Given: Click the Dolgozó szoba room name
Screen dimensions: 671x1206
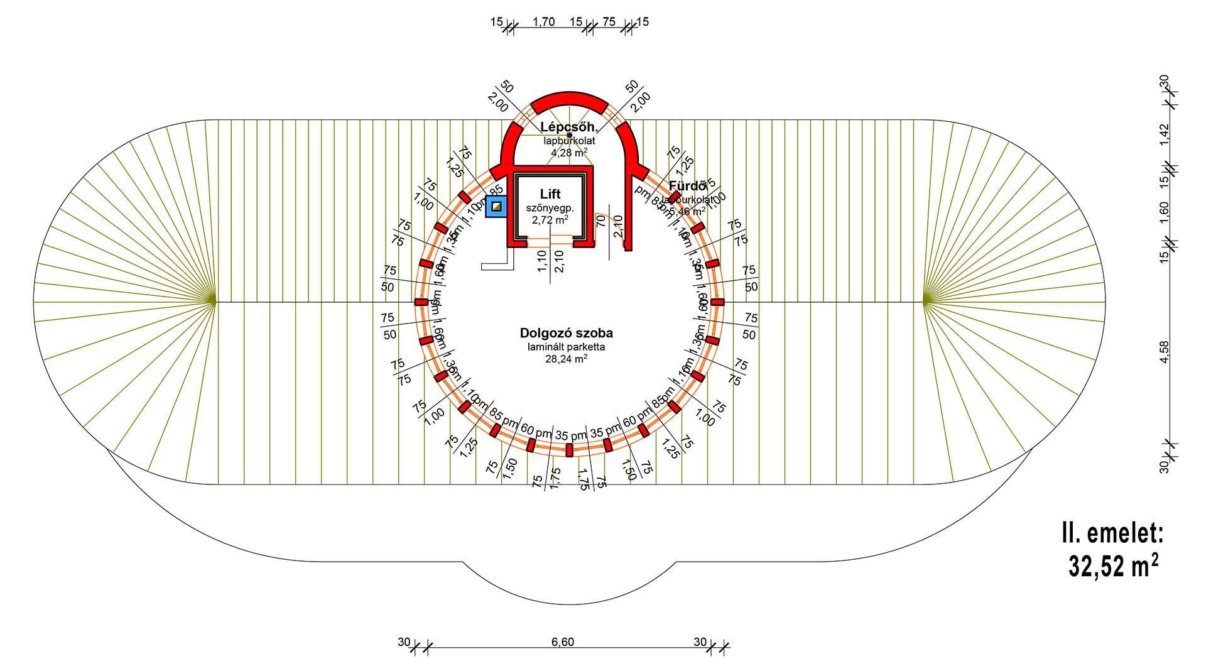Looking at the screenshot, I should click(x=566, y=333).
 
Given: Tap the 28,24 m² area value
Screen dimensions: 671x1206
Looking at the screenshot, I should click(x=566, y=359).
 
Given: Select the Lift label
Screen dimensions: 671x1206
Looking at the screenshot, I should click(x=550, y=194).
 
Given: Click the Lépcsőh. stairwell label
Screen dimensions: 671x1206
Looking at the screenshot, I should click(x=569, y=128).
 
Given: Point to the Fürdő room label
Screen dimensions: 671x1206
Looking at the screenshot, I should click(x=687, y=186).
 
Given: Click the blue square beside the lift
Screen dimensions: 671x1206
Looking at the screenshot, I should click(x=496, y=206).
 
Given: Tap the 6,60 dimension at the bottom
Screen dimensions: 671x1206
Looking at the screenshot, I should click(x=562, y=642).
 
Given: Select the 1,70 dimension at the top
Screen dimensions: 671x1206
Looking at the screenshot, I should click(x=543, y=22).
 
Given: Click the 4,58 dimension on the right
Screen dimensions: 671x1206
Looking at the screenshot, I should click(x=1165, y=352).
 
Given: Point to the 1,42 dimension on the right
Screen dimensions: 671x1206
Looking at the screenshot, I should click(x=1165, y=134).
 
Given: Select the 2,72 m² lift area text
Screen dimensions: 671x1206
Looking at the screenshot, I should click(x=550, y=220).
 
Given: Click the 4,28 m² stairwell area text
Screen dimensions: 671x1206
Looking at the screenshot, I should click(x=569, y=153).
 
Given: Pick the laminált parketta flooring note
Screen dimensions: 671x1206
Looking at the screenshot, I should click(x=566, y=347).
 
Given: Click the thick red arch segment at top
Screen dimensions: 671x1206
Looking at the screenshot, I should click(x=569, y=99).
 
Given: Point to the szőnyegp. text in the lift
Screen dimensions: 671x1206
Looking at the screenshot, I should click(x=550, y=208).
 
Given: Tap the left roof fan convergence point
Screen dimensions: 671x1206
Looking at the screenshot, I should click(x=214, y=302).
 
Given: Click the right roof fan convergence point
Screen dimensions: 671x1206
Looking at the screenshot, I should click(x=925, y=302).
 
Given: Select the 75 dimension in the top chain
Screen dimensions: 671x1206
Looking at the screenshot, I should click(x=609, y=22).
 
